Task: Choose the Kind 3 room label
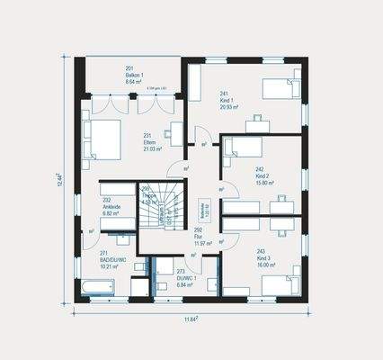point(261,256)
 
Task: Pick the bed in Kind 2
point(241,147)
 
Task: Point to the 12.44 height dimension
point(59,184)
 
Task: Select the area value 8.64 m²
point(133,80)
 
